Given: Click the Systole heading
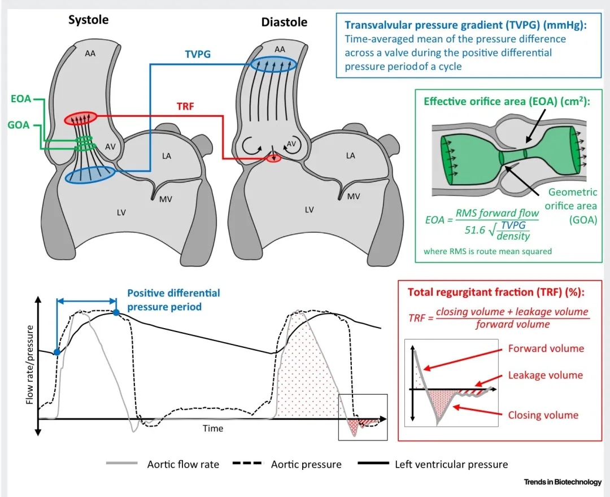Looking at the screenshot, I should point(88,20).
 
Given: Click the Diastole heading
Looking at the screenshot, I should point(284,22).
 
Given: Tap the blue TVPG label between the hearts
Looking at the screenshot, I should point(198,54).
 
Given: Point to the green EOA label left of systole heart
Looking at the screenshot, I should point(20,99).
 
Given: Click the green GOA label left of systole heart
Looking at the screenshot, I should point(19,125).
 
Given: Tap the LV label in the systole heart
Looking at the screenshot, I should point(121,212).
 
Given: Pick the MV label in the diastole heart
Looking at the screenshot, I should point(354,197).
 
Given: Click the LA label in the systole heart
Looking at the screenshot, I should point(167,156).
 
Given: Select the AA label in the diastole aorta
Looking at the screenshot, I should point(280,50).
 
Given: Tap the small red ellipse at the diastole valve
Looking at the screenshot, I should point(274,159).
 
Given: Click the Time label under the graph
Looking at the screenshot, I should point(213,428).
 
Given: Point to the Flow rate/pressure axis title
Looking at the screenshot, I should point(30,364).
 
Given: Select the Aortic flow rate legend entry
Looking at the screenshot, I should point(183,464).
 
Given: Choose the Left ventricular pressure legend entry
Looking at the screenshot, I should point(451,464).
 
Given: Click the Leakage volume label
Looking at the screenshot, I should point(545,375).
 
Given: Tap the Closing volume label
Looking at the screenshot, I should point(543,415).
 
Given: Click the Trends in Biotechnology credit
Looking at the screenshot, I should point(562,482).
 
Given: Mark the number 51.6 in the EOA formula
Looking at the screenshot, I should point(473,231).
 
